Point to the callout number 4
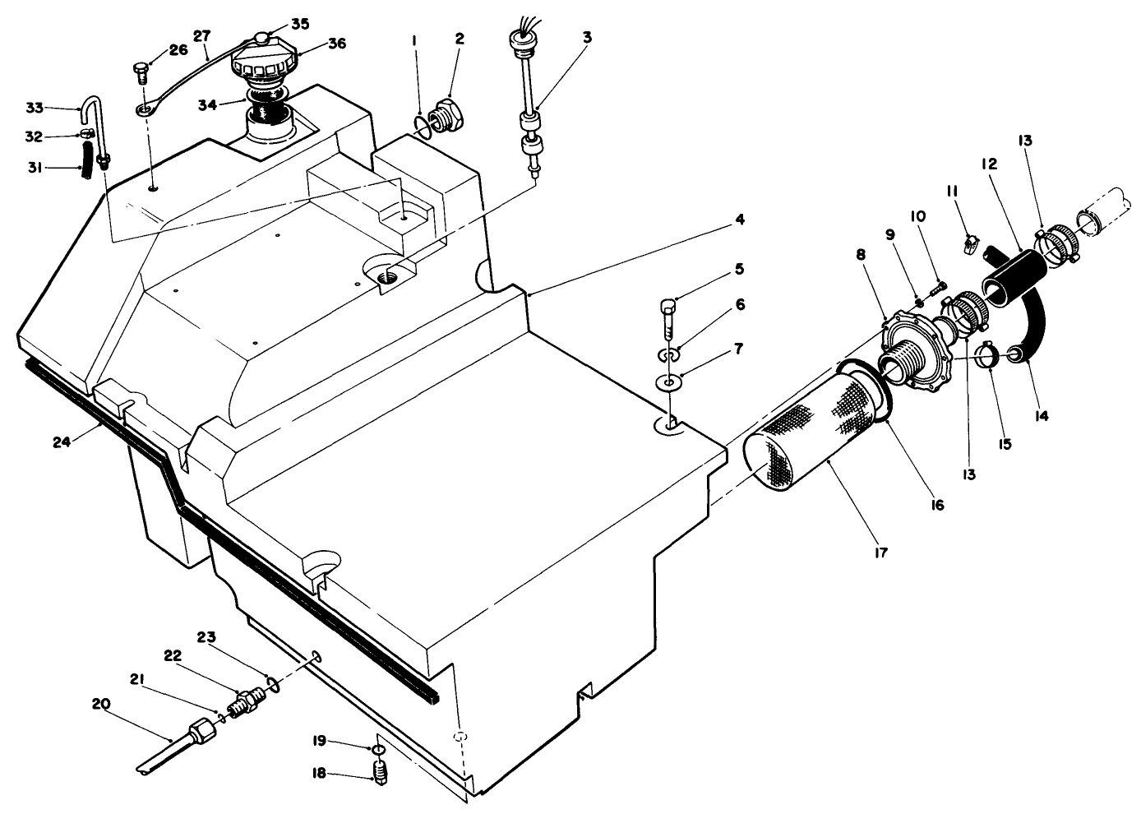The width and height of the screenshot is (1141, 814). pos(740,220)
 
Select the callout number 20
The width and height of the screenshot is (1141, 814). pos(100,704)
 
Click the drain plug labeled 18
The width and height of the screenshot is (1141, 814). pos(380,773)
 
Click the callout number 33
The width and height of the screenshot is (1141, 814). pos(34,108)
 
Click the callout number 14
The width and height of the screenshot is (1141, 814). pos(1041,416)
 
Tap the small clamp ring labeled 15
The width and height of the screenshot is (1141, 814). pos(988,355)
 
